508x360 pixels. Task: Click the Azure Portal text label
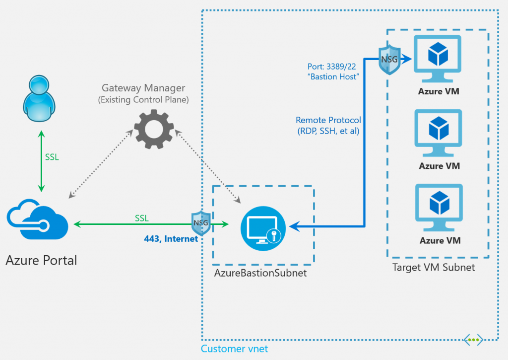pos(42,260)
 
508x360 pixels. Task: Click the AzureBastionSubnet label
pos(260,273)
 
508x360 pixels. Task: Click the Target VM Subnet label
pos(434,268)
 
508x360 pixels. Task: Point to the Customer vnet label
pos(234,349)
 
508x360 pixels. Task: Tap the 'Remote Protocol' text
pos(328,120)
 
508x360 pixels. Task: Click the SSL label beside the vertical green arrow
pos(52,157)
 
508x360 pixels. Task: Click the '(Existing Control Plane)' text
pos(143,100)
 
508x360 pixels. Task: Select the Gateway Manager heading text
pos(143,88)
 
